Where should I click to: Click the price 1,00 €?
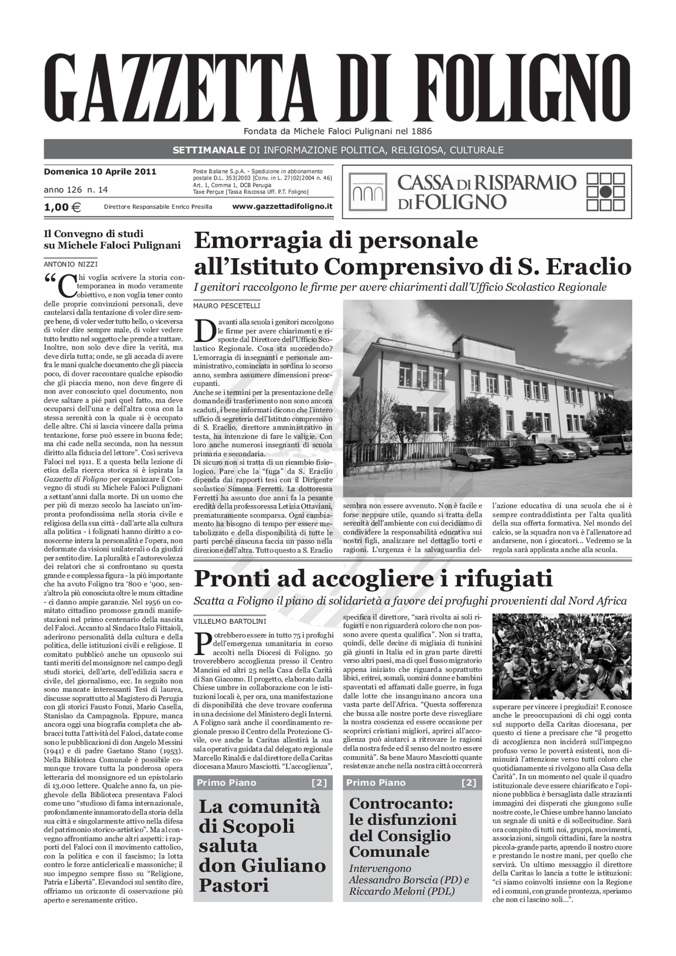pyautogui.click(x=62, y=207)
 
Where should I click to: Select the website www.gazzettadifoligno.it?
pyautogui.click(x=282, y=207)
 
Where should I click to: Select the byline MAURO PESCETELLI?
pyautogui.click(x=226, y=306)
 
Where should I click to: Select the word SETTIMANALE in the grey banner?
pyautogui.click(x=209, y=150)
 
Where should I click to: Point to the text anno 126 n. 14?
pyautogui.click(x=76, y=190)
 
